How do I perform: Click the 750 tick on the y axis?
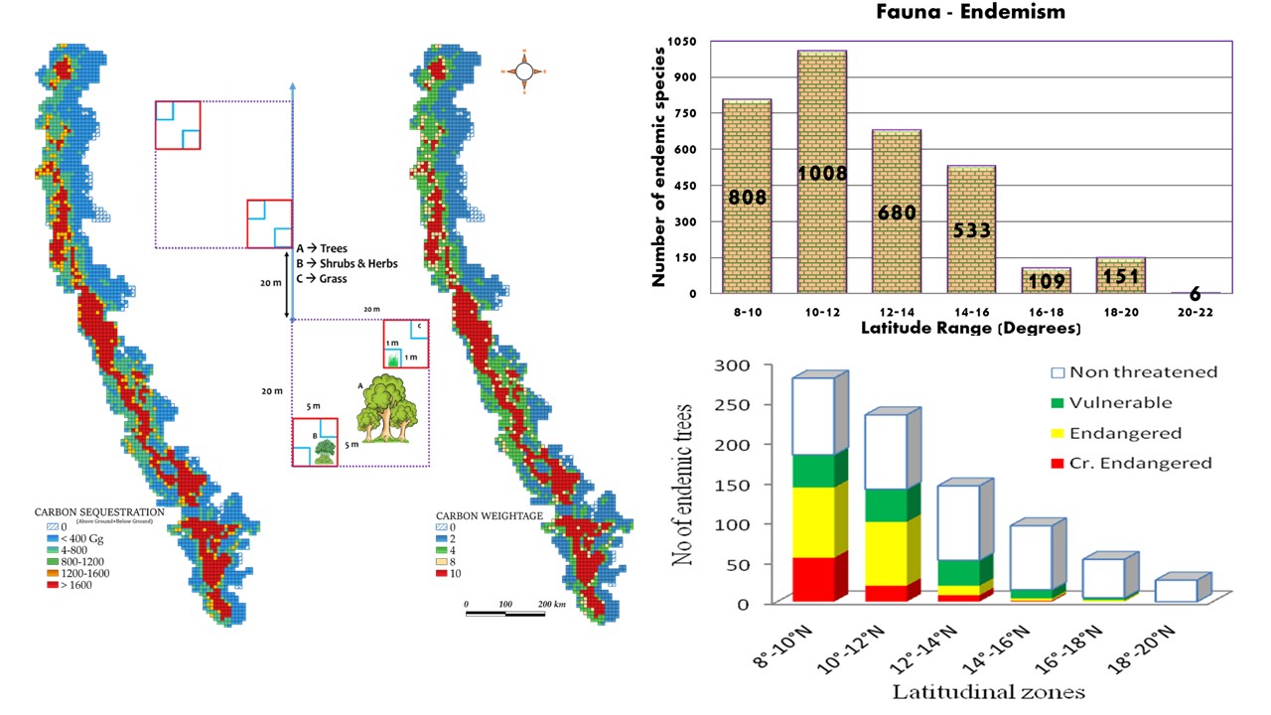coord(689,113)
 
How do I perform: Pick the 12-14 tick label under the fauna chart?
coord(896,311)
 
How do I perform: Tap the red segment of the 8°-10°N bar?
coord(814,580)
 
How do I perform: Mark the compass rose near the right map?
coord(525,71)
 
